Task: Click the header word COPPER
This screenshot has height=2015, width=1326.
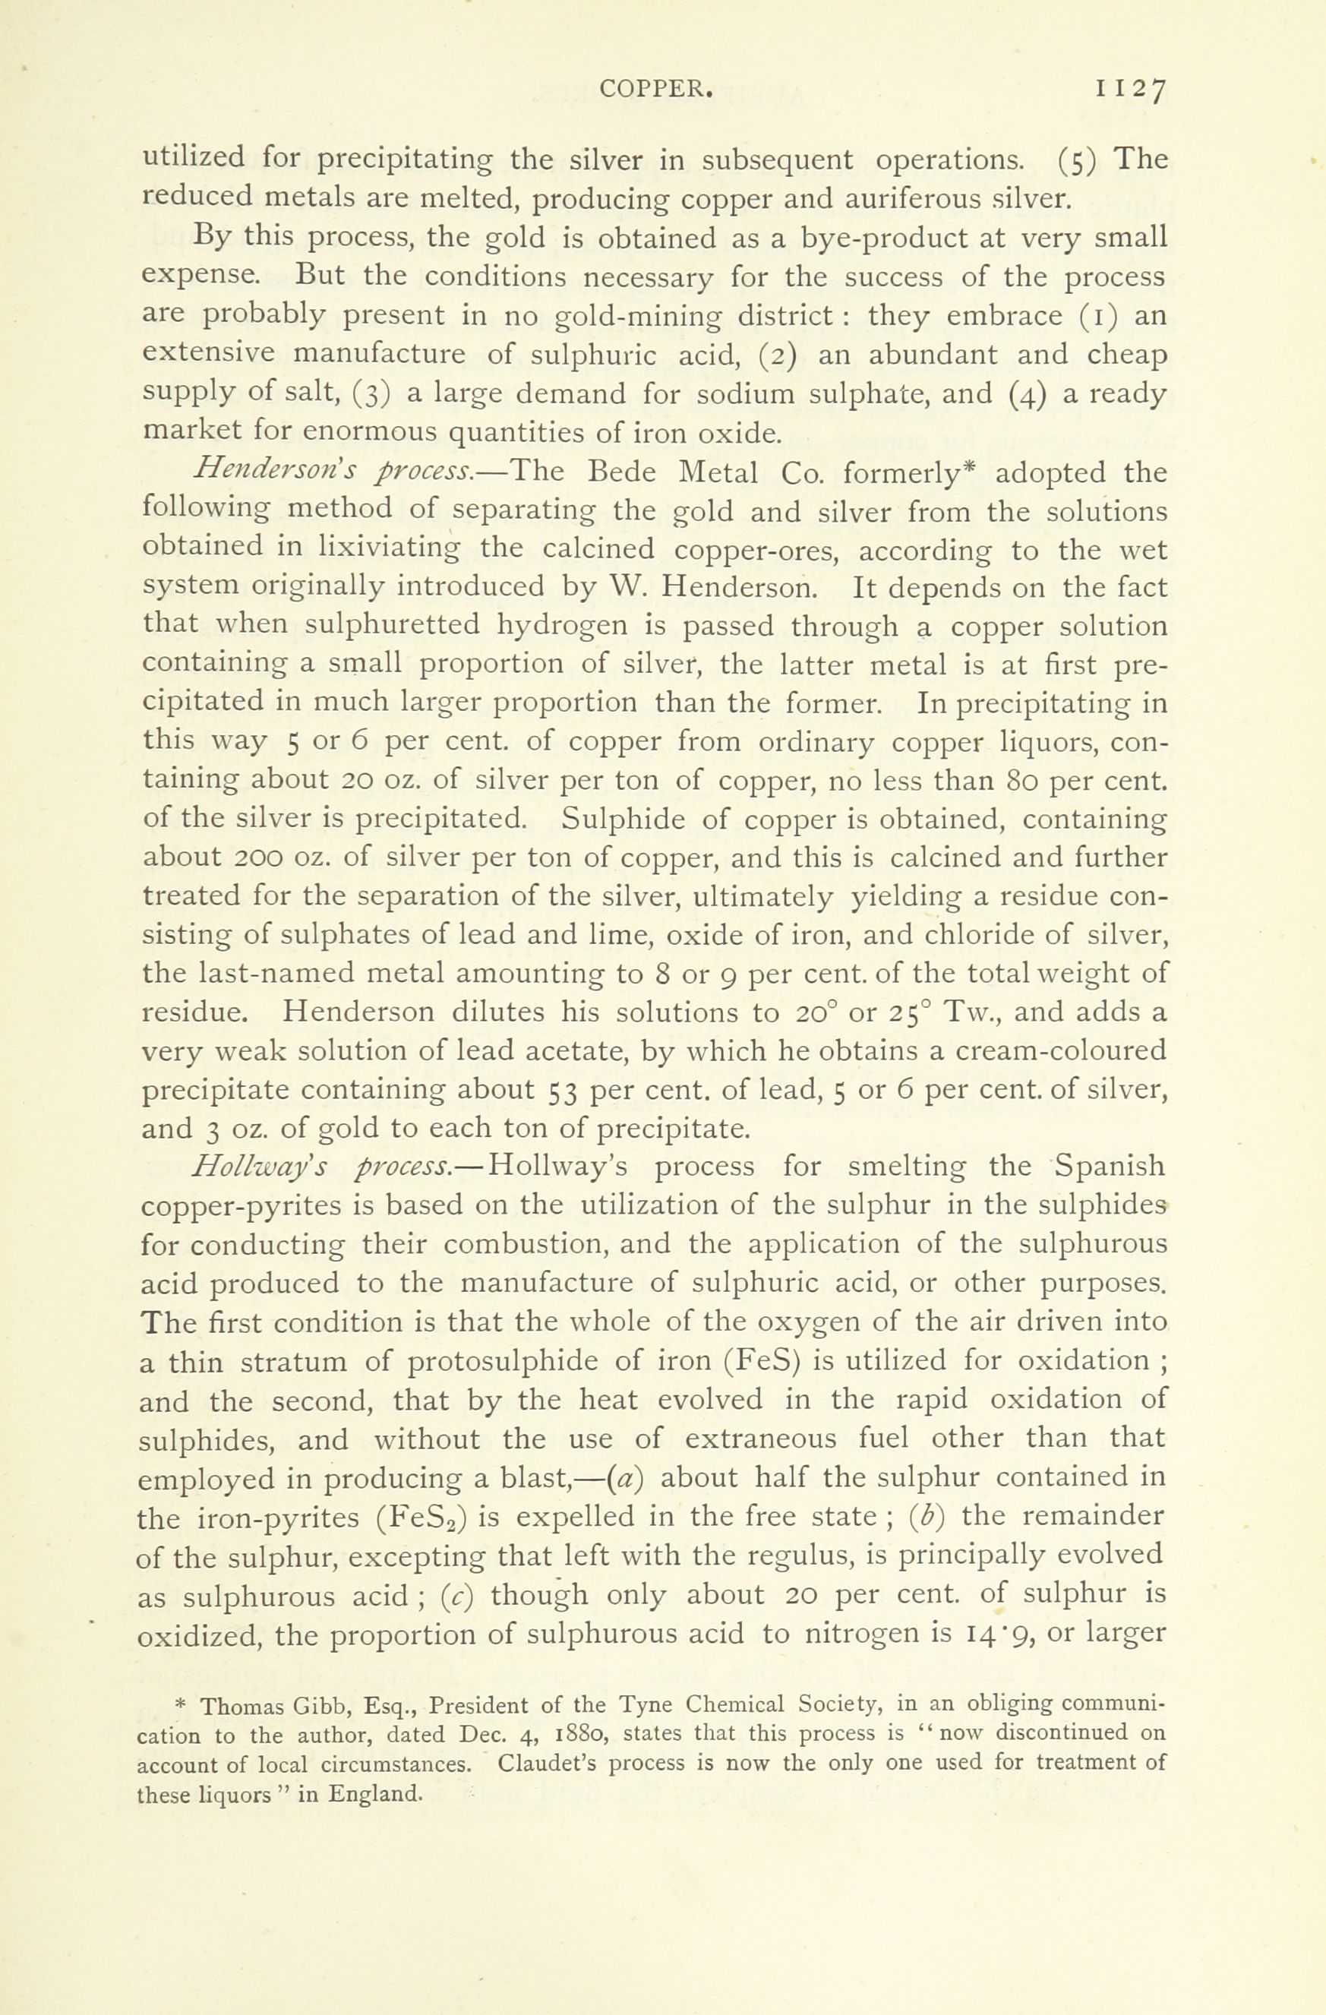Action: click(654, 88)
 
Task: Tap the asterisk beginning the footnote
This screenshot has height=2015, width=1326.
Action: click(191, 1704)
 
